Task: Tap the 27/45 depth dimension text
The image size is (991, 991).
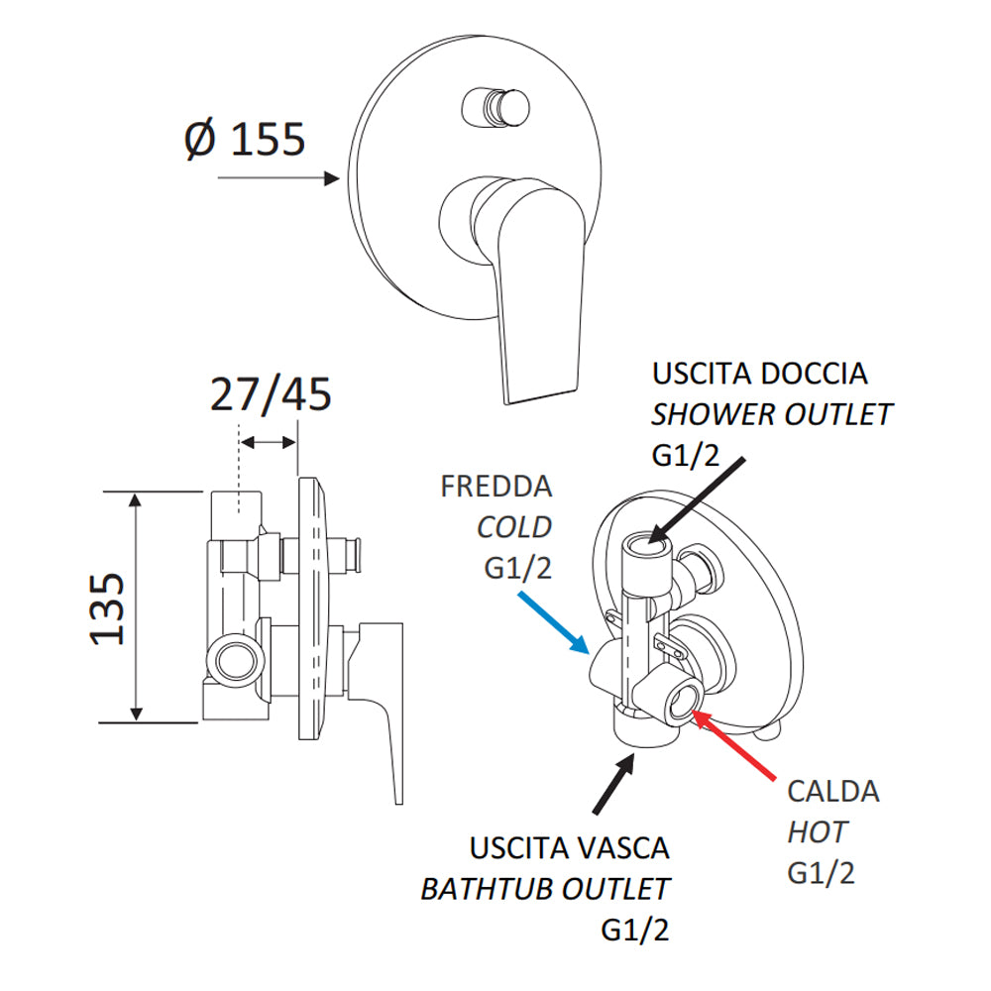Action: click(270, 395)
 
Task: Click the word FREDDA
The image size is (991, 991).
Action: click(496, 487)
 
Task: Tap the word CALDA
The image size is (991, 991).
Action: click(833, 791)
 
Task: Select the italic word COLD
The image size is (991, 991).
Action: click(513, 527)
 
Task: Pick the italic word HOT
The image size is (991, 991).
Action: click(818, 831)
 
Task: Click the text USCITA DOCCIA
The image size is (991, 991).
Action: click(759, 374)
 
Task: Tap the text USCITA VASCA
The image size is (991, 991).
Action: click(570, 848)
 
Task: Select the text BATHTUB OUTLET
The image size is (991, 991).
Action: click(545, 889)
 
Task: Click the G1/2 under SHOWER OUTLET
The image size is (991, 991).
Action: click(685, 455)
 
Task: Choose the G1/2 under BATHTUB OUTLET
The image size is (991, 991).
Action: click(635, 930)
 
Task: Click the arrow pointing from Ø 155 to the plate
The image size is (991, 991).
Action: click(278, 179)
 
